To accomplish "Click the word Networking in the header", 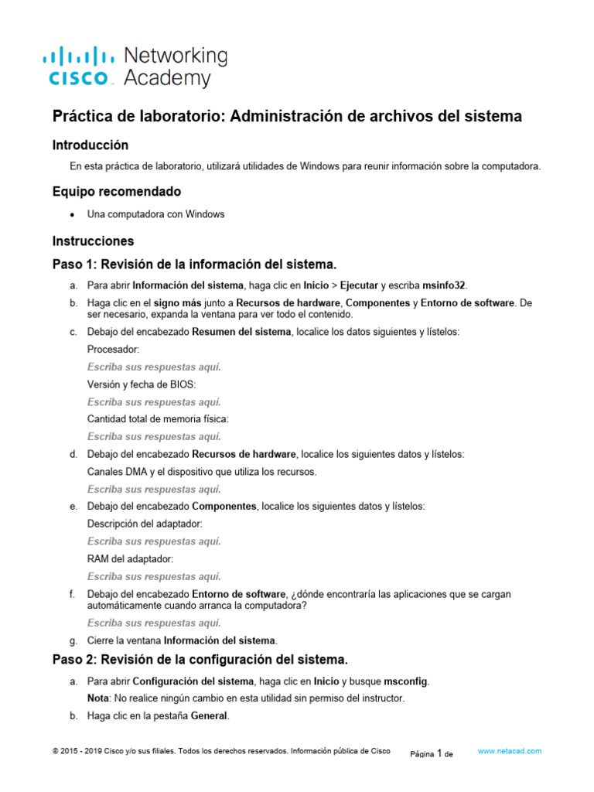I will point(176,56).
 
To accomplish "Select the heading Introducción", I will point(90,145).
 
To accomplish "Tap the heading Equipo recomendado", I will point(116,191).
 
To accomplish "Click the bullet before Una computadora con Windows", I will point(72,214).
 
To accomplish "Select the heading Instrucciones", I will point(93,241).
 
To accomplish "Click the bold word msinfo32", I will point(445,285).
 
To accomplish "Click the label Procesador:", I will point(114,350).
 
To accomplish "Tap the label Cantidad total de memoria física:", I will point(158,419).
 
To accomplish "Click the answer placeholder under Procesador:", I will point(154,367).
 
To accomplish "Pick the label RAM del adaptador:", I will point(130,558).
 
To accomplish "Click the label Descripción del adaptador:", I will point(145,524).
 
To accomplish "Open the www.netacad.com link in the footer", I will point(510,751).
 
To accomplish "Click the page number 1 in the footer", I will point(439,753).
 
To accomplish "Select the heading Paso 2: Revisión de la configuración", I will point(200,660).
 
